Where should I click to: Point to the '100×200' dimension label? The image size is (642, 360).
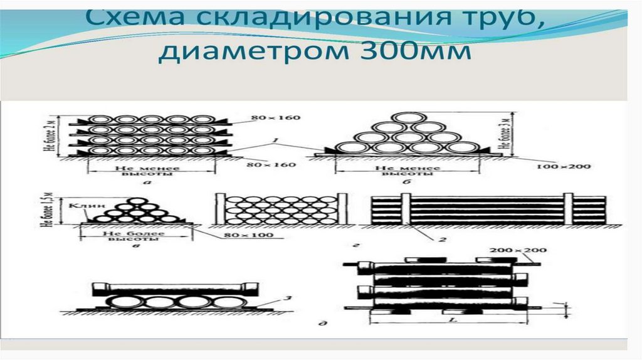563,166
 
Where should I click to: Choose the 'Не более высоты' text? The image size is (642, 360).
131,237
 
